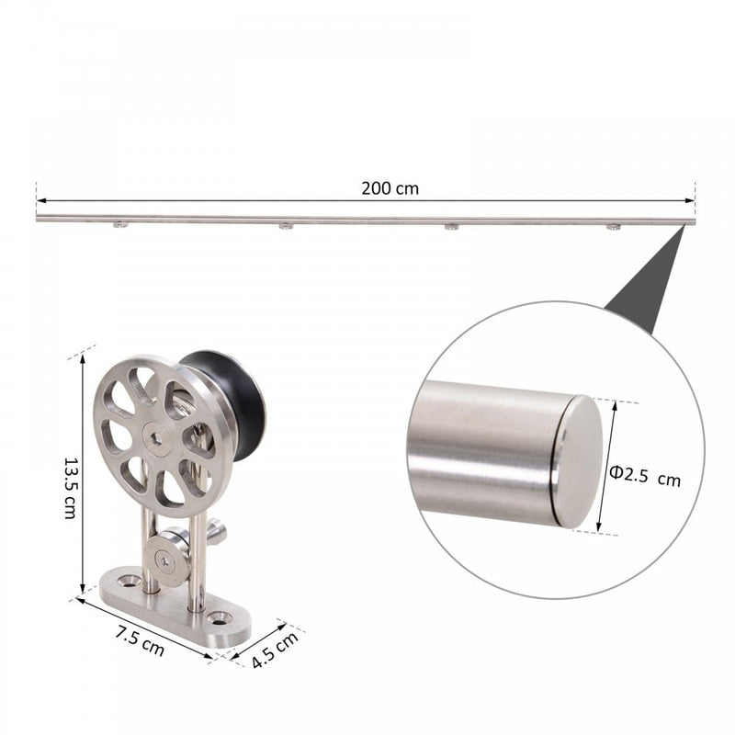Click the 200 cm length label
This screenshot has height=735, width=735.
[x=390, y=188]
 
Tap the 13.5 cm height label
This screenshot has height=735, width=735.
[x=70, y=489]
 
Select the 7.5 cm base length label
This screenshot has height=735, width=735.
[x=140, y=640]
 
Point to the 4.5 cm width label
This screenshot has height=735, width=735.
[x=275, y=650]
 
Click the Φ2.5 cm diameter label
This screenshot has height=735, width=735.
[x=645, y=476]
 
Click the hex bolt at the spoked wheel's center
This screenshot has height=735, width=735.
[x=156, y=438]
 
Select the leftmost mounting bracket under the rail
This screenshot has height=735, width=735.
[x=120, y=225]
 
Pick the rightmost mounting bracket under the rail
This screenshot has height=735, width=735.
[x=613, y=227]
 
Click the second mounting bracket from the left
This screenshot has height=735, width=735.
[x=286, y=226]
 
